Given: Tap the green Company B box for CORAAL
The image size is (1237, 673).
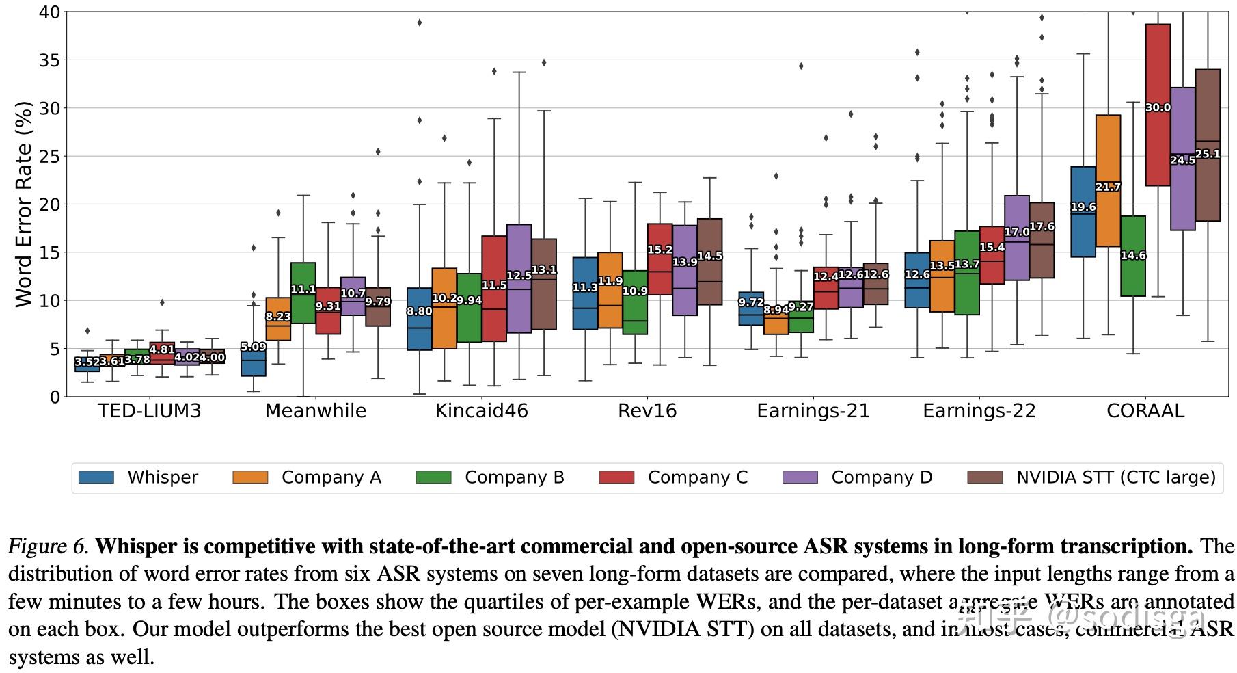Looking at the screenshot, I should (x=1133, y=274).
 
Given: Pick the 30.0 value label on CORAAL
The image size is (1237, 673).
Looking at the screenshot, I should (x=1158, y=107).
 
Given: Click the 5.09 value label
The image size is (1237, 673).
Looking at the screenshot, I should (x=254, y=347).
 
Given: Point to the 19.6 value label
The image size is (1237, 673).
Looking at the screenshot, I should (x=1083, y=207).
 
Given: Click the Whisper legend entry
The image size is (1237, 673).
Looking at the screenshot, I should (x=163, y=477).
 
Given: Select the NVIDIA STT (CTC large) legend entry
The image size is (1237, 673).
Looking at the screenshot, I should (x=1115, y=477).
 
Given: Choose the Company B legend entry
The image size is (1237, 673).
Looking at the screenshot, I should (x=514, y=477).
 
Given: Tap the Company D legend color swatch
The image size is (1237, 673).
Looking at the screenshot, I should (x=800, y=477).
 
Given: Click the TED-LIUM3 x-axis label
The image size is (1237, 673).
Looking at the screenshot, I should (x=150, y=411).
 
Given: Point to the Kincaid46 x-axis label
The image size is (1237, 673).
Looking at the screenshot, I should (x=482, y=411).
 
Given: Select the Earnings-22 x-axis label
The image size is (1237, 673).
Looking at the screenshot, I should (x=979, y=411).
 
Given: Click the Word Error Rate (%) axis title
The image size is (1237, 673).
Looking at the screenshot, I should (x=23, y=204).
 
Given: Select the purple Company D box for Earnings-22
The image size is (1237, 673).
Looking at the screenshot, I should (x=1017, y=238).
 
